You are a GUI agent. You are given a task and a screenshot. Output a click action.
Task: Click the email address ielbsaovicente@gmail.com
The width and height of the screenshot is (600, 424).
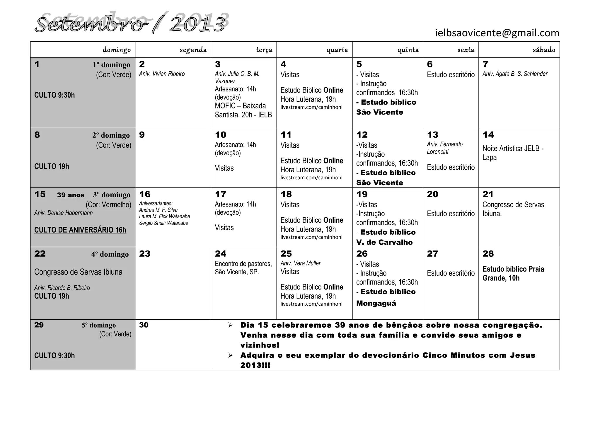point(497,33)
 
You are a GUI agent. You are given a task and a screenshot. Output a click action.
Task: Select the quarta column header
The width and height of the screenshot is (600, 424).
point(337,50)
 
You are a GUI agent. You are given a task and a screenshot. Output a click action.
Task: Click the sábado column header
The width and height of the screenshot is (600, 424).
point(544,50)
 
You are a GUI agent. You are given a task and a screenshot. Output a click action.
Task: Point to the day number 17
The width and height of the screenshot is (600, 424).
point(221,194)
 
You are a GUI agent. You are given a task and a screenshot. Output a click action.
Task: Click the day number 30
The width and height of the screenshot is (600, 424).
point(144,325)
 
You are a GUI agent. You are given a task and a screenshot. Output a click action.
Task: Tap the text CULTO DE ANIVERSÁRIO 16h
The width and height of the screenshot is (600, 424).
point(80,230)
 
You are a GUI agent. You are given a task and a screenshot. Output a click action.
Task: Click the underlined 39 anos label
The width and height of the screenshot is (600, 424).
point(71,195)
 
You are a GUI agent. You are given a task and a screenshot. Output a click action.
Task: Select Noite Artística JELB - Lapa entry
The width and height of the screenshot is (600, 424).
point(513,153)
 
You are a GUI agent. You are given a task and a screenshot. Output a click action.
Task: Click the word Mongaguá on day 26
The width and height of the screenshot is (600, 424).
point(376,303)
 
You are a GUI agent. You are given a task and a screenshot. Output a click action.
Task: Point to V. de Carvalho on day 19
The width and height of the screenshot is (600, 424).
point(384,242)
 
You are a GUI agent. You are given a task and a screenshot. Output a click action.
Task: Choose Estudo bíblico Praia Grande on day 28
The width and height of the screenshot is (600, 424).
point(513,273)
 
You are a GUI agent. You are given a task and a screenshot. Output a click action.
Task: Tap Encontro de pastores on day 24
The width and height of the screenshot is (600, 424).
point(243,264)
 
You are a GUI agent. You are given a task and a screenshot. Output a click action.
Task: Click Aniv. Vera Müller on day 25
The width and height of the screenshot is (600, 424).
point(300,263)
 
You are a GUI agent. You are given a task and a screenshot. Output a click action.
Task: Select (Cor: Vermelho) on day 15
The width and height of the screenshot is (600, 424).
point(108,205)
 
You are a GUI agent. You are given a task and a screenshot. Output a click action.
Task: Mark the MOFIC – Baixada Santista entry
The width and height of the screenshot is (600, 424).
point(243,110)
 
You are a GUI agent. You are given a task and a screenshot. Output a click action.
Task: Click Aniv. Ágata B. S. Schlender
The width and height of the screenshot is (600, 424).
point(515,74)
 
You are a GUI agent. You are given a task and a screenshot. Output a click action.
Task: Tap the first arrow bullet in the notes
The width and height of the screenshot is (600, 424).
point(231,325)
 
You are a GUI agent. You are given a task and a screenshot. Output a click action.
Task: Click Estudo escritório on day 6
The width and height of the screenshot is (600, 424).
point(451,75)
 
